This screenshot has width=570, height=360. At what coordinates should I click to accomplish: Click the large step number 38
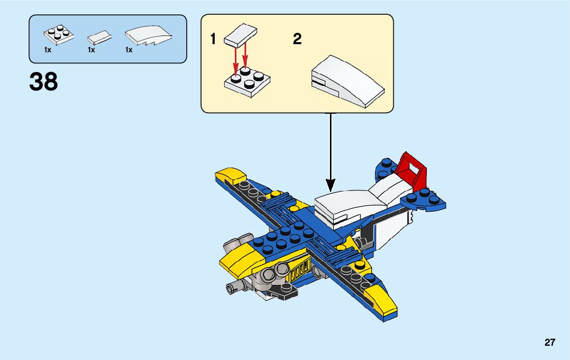point(44,82)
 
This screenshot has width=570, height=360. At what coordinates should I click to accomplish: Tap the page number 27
point(550,343)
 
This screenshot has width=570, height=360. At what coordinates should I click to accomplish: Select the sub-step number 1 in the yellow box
point(214,39)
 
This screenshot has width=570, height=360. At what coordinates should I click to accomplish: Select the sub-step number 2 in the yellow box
point(297,39)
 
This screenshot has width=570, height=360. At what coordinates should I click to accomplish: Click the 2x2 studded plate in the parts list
point(57,34)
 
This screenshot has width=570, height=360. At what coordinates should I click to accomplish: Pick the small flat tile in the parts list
point(99,38)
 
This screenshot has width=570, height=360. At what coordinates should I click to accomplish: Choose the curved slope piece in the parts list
point(147,36)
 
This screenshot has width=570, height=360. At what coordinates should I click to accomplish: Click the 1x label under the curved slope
point(129,50)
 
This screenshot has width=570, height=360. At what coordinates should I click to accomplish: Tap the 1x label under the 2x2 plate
point(48,50)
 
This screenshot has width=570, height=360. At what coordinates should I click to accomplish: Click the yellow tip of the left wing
point(231,176)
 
